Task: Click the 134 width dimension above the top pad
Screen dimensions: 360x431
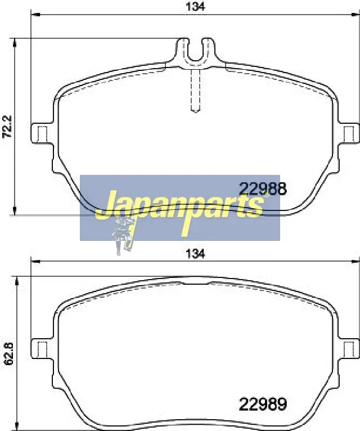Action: tap(195, 6)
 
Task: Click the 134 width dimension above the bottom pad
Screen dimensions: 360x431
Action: tap(195, 254)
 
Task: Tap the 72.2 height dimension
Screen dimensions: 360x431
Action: tap(7, 127)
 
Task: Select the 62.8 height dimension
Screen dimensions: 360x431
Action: tap(10, 354)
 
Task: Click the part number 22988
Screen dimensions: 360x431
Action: tap(263, 189)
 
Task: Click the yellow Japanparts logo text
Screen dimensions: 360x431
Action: tap(180, 210)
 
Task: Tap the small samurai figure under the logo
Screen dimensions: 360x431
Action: tap(123, 236)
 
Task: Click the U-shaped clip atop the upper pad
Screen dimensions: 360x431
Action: tap(195, 52)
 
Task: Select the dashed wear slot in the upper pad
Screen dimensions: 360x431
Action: tap(195, 90)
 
